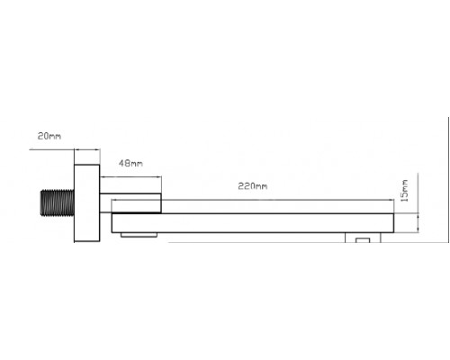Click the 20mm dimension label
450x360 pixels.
pyautogui.click(x=49, y=136)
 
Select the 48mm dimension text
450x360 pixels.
pyautogui.click(x=130, y=164)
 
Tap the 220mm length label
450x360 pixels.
pyautogui.click(x=253, y=186)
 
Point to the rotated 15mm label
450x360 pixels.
pyautogui.click(x=405, y=191)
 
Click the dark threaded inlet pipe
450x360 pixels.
pyautogui.click(x=58, y=202)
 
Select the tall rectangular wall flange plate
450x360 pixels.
pyautogui.click(x=87, y=203)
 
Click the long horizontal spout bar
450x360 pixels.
pyautogui.click(x=253, y=223)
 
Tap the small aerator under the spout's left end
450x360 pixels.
pyautogui.click(x=139, y=235)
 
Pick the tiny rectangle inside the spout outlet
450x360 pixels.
pyautogui.click(x=363, y=240)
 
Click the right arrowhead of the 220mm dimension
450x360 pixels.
pyautogui.click(x=391, y=200)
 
